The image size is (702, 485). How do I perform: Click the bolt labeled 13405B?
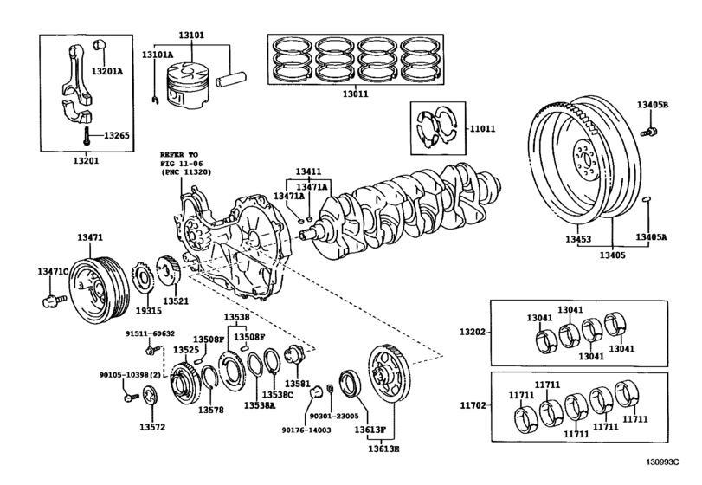coord(653,105)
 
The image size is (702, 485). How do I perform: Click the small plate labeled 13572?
coord(151,399)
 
